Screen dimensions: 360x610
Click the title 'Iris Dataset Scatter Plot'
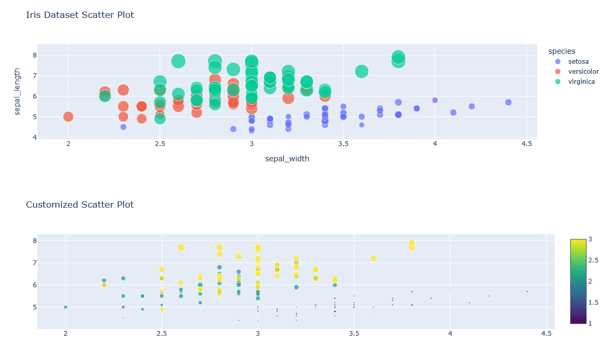point(80,15)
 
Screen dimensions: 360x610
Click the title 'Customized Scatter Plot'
point(80,205)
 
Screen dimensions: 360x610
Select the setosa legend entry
point(579,62)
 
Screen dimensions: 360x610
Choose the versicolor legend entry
point(583,72)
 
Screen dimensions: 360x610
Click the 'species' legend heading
point(562,51)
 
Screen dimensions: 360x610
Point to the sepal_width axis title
point(287,159)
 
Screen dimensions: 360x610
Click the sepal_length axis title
point(17,91)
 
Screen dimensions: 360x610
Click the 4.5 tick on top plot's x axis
point(526,144)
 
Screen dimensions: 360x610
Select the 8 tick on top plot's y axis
point(34,55)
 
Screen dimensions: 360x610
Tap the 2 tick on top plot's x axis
point(68,144)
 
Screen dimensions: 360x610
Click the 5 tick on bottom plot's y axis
point(34,307)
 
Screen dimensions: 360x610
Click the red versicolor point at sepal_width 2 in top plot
point(68,116)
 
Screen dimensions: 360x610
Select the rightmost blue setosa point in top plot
point(508,102)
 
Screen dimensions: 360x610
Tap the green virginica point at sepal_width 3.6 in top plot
point(361,71)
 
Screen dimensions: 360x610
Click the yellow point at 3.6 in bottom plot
point(373,258)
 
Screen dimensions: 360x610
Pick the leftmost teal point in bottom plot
point(65,307)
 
